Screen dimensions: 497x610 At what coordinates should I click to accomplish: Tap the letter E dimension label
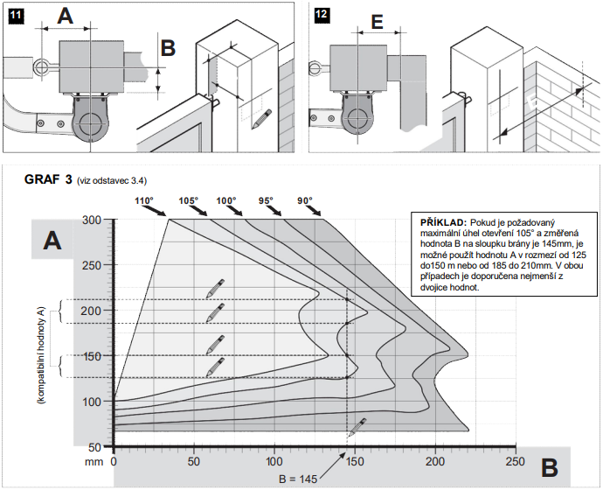point(377,23)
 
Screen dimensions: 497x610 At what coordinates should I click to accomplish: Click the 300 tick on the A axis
point(91,220)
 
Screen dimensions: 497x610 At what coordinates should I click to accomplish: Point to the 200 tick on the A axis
point(91,311)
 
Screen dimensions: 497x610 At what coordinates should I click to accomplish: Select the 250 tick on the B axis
point(516,461)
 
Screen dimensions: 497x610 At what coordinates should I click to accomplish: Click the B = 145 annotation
point(298,479)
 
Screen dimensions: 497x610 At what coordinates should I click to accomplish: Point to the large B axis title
point(549,468)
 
